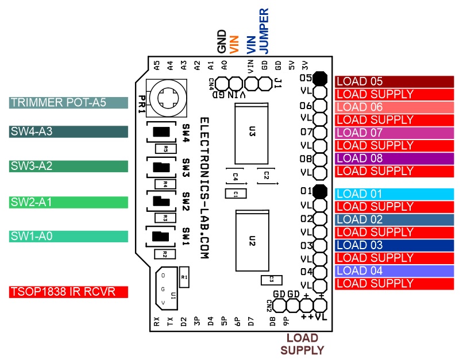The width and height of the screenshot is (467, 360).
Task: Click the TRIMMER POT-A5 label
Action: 68,103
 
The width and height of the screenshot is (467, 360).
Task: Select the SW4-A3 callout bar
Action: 68,131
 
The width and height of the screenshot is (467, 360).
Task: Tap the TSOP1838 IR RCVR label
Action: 68,292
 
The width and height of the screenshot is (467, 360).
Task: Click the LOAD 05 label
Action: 394,82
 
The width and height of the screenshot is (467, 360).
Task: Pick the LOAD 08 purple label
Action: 394,158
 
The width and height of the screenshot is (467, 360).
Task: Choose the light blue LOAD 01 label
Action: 394,194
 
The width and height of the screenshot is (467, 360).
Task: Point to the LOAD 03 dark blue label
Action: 394,245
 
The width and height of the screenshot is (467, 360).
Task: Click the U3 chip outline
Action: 252,134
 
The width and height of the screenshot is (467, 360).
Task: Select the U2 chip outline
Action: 252,241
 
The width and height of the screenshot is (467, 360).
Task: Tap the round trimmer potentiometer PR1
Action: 168,98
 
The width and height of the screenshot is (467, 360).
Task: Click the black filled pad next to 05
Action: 320,78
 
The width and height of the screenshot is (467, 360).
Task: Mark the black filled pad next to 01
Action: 320,191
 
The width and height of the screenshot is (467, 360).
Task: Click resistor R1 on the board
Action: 184,277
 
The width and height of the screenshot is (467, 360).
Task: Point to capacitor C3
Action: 271,280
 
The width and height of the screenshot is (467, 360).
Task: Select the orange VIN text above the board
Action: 234,45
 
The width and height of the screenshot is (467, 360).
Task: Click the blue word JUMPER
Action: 264,31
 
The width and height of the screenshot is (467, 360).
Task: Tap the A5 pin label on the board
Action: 157,65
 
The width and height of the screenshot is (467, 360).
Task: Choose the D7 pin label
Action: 251,322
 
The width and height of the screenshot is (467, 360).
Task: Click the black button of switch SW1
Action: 160,236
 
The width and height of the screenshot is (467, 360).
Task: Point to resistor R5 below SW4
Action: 165,149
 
